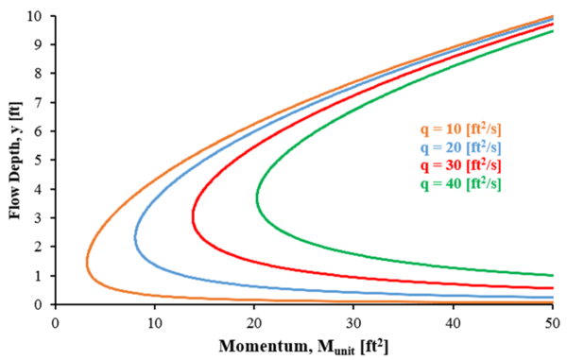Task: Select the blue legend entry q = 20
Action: coord(460,148)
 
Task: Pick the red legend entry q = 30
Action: coord(460,165)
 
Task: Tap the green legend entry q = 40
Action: coord(460,182)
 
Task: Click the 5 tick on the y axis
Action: coord(40,161)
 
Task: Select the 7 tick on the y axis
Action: coord(40,103)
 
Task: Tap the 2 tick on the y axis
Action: coord(40,247)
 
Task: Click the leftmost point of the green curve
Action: coord(257,198)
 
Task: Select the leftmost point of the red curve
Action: coord(194,218)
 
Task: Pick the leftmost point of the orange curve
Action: coord(87,262)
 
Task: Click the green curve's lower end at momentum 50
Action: coord(551,275)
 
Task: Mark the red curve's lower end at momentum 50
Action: coord(551,288)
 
